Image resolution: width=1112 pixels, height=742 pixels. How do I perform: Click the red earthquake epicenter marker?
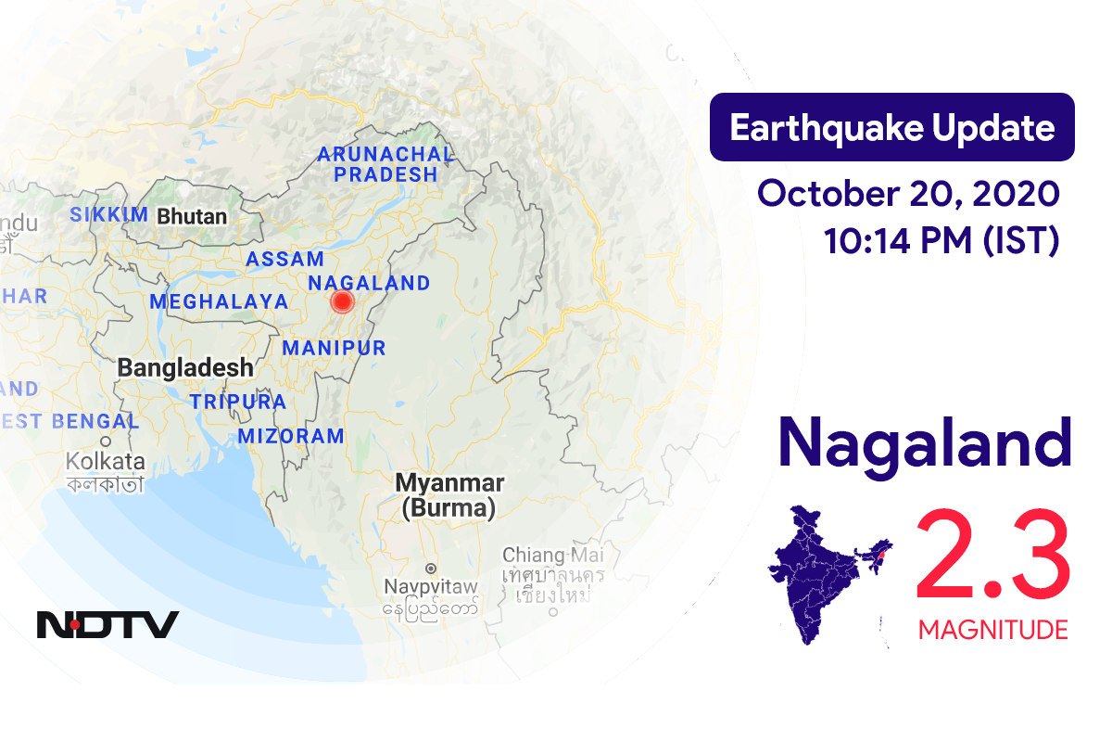343,301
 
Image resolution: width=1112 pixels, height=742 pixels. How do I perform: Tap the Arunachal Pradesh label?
385,164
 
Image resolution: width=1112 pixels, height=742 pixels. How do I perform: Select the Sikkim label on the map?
108,215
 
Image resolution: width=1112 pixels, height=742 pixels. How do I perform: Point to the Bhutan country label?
192,216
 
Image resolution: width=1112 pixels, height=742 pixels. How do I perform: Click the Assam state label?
284,260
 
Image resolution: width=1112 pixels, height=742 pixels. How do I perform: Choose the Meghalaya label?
219,301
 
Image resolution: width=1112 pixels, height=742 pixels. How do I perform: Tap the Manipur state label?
334,348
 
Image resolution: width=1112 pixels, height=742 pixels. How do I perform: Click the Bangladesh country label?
185,367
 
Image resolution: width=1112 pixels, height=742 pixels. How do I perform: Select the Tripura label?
238,402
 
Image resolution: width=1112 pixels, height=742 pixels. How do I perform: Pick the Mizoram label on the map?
291,436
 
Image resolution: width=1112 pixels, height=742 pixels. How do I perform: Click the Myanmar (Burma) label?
449,495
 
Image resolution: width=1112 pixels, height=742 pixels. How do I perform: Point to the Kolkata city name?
106,461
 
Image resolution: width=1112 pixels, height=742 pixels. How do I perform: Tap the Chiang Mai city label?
552,555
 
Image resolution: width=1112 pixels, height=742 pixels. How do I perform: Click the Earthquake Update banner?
891,127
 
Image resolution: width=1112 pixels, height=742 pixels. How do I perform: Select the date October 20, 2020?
908,195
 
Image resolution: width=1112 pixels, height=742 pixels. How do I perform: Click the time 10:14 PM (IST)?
941,241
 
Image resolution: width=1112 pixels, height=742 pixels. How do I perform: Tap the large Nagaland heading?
924,443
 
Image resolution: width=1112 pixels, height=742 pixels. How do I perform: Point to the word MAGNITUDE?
992,631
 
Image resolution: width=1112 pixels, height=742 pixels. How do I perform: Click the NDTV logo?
107,624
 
